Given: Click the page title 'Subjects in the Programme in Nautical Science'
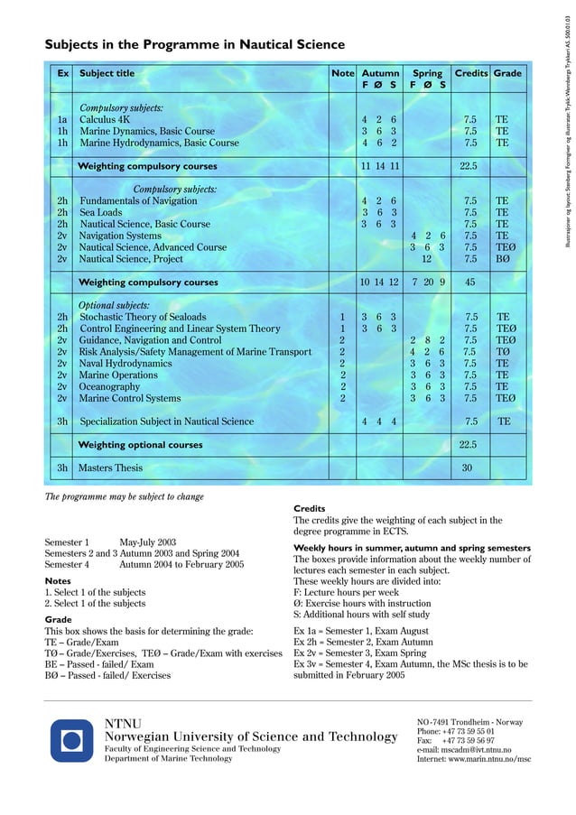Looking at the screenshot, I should [194, 44].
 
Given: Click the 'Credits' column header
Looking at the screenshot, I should [470, 73].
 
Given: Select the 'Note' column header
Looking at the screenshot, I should [342, 73].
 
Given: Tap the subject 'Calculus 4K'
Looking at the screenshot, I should [105, 119].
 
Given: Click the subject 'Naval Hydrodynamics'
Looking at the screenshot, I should [125, 364].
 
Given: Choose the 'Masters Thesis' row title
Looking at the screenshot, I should [110, 468].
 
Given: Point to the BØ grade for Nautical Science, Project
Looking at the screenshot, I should [503, 259].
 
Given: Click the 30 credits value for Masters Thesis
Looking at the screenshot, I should [468, 468].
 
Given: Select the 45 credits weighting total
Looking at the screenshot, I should [469, 282].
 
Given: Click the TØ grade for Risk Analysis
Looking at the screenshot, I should [503, 352].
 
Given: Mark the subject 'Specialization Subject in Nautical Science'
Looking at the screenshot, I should [167, 421].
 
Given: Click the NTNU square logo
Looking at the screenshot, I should [71, 741].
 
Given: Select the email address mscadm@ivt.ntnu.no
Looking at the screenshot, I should [464, 750].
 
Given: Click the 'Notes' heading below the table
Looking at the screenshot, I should [58, 581].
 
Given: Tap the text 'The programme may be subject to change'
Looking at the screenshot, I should [125, 496].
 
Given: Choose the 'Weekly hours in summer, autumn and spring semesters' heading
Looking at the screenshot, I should [412, 548].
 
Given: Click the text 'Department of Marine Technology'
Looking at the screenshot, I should [169, 759].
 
